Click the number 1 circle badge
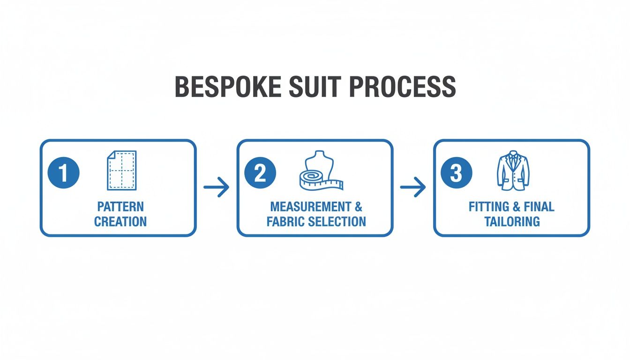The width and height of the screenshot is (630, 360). (64, 173)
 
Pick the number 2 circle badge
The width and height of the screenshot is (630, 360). (260, 173)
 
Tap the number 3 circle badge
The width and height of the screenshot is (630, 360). (456, 173)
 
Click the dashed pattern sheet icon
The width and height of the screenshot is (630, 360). (121, 170)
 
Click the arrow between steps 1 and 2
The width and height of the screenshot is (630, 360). (217, 187)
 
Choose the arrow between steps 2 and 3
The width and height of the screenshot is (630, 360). (413, 187)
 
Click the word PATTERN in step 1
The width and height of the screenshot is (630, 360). (120, 207)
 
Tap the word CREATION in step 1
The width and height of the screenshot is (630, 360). (120, 222)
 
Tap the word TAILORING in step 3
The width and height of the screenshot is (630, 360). (512, 222)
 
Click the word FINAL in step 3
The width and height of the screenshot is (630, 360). (540, 207)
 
